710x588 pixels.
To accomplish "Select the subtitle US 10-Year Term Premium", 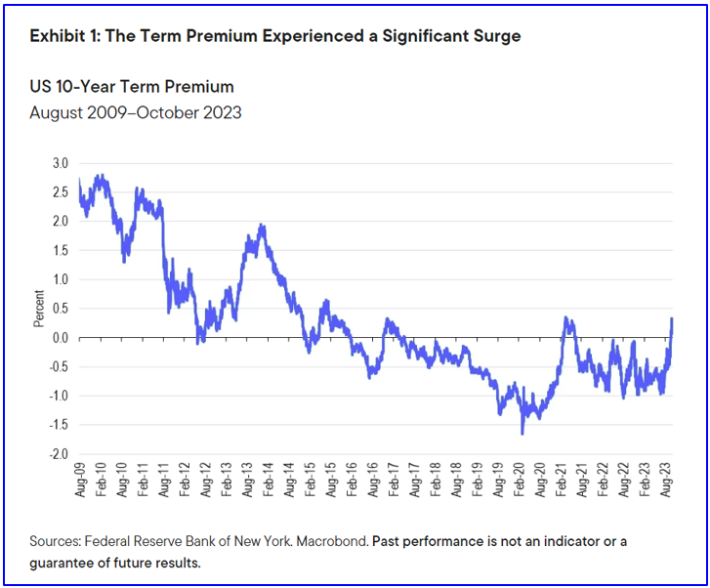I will click(132, 87).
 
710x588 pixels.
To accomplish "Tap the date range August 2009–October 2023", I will click(136, 112).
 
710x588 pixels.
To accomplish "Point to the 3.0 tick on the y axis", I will click(61, 162).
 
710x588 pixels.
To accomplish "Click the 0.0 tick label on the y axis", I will click(61, 338).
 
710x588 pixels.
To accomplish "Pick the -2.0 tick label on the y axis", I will click(59, 455).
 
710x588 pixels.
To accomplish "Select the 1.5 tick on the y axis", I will click(61, 250).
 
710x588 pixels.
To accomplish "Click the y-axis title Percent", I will click(40, 309).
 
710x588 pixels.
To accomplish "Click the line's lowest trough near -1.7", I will click(522, 433).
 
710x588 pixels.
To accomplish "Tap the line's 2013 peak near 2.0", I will click(262, 226).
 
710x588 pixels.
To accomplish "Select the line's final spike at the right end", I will click(672, 318).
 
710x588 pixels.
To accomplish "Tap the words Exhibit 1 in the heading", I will click(64, 36).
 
